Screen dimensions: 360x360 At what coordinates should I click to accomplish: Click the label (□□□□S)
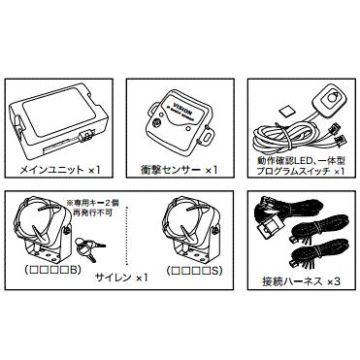198,269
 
